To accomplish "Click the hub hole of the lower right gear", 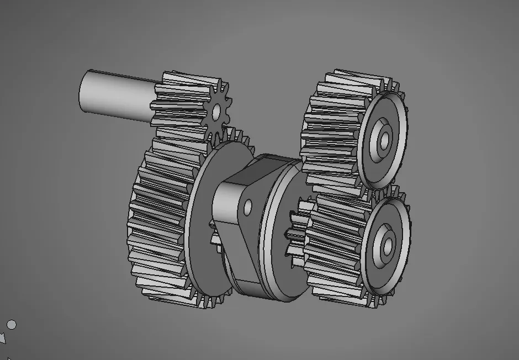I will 386,243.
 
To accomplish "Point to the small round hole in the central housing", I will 247,207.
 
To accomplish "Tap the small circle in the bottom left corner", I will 12,325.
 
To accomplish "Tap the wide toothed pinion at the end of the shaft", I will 177,102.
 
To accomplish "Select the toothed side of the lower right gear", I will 331,248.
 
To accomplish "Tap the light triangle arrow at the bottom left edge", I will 3,337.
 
